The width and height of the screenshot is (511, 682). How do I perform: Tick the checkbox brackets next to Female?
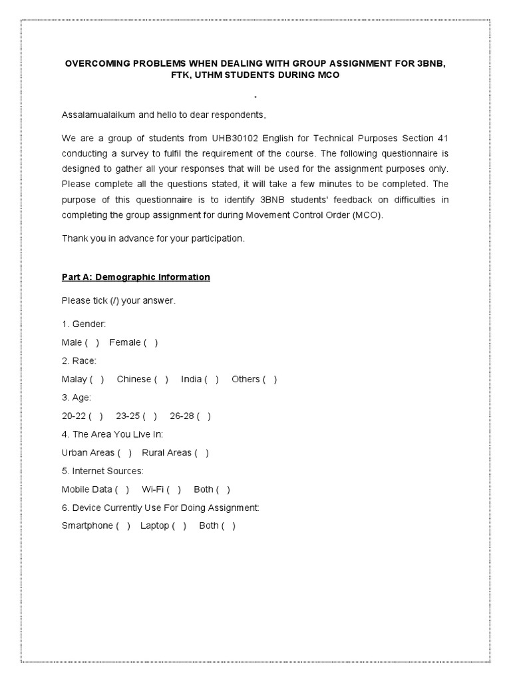(x=151, y=342)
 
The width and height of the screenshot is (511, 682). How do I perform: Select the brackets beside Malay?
(x=97, y=379)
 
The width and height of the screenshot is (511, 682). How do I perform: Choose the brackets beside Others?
(x=269, y=379)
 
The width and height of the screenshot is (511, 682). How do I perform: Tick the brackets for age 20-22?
(x=96, y=416)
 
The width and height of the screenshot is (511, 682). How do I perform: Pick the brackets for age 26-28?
(x=204, y=416)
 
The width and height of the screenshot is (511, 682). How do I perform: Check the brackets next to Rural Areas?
(x=202, y=453)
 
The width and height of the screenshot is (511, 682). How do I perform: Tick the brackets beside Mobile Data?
(x=122, y=490)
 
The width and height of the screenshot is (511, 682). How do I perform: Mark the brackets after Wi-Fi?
(x=174, y=490)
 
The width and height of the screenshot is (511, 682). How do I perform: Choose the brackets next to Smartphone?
(x=123, y=526)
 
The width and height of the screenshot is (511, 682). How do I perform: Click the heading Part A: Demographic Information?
(x=136, y=277)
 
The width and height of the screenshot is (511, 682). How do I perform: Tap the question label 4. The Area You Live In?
(x=112, y=434)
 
